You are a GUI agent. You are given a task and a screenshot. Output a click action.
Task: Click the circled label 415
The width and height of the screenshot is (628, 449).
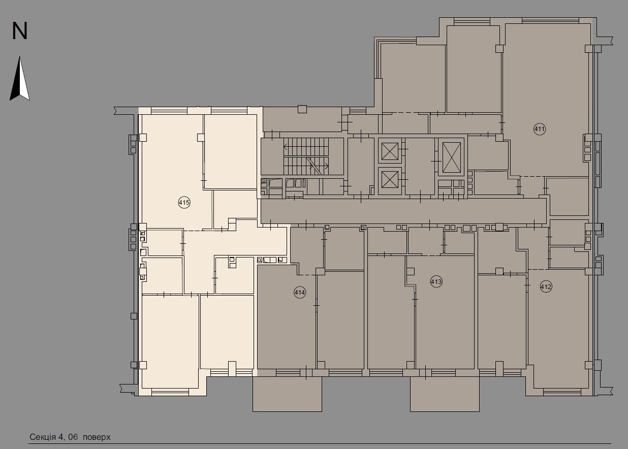point(184,203)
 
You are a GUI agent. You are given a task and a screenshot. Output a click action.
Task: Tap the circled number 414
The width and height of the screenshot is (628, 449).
point(299,292)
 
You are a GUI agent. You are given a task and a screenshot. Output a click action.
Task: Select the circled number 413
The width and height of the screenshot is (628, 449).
point(436,281)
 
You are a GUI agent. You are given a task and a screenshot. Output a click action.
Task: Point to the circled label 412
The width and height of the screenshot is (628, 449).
point(546,287)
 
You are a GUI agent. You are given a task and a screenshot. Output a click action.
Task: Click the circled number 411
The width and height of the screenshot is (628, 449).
point(540,129)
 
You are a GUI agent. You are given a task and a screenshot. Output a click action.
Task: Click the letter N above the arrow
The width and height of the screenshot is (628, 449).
point(20,31)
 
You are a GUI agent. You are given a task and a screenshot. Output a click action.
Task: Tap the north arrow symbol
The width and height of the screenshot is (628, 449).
point(20,79)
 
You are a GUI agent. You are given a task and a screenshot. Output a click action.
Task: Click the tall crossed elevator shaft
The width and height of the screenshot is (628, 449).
point(451,157)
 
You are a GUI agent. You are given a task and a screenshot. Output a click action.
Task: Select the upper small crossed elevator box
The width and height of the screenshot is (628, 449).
point(390,151)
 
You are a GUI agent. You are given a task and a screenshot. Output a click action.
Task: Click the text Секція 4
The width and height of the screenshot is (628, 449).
point(46,437)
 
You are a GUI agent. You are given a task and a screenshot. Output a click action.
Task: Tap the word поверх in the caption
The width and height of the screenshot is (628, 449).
point(97,437)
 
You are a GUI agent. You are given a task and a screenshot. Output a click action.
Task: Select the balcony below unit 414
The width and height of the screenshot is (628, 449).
point(287,394)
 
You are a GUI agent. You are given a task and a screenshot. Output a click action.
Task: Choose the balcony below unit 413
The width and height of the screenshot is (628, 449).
point(445,394)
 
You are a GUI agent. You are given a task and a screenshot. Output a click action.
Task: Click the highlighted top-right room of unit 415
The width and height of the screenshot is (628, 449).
point(230,151)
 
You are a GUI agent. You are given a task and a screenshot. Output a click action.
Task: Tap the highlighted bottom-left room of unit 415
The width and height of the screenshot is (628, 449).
point(170,340)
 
